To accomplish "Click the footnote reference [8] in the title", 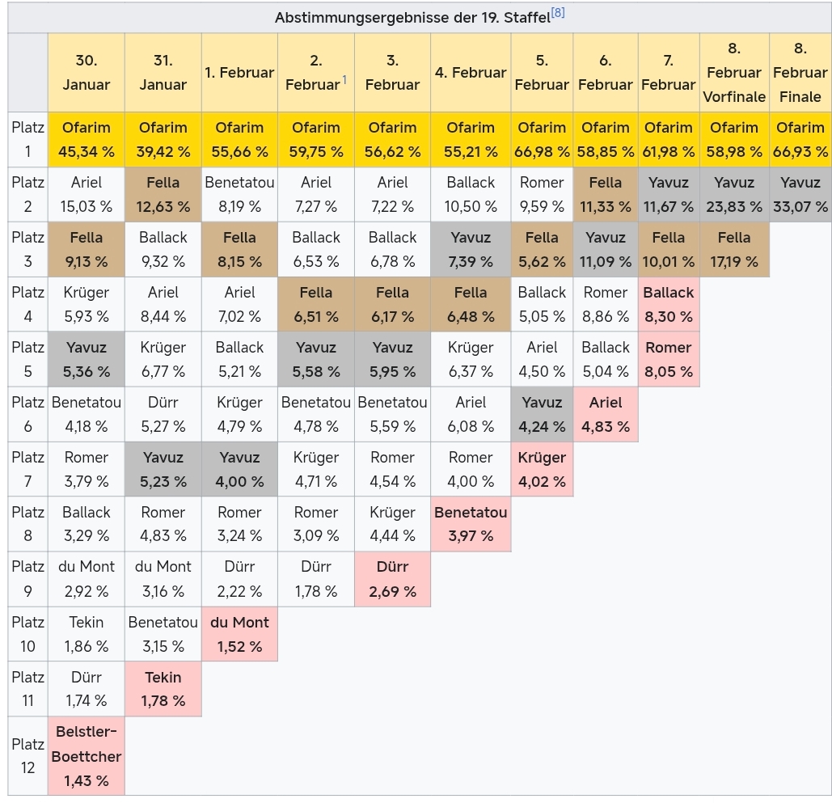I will [557, 13].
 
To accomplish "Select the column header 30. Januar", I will [86, 72].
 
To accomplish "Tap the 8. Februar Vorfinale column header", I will [733, 72].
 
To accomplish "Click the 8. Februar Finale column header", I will [800, 72].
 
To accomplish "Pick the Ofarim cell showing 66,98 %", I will [542, 139].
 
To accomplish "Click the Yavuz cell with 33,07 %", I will [800, 194].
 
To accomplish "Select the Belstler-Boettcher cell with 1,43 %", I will [86, 756].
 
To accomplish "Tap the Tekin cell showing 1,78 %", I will [163, 689].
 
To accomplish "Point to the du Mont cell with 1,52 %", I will [239, 634].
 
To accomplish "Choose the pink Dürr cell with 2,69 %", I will [392, 579].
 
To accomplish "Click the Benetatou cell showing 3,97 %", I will [471, 524].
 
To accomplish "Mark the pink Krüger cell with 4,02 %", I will [542, 469].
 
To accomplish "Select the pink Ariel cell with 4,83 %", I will [605, 414].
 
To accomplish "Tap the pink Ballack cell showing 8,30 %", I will [669, 304].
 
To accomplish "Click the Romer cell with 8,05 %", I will [669, 359].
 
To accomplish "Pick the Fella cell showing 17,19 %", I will [733, 249].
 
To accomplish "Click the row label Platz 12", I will [27, 756].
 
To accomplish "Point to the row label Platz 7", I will [27, 469].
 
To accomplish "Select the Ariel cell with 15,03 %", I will [86, 194].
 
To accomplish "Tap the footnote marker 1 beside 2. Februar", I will [344, 79].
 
